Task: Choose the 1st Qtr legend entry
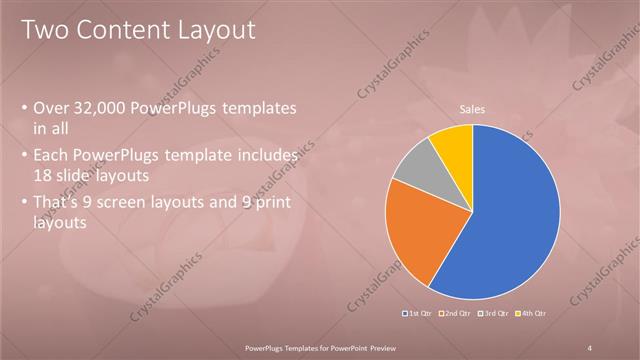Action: [x=418, y=314]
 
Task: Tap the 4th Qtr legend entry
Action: [x=532, y=314]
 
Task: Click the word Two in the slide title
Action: [x=46, y=31]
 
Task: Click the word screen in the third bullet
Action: [x=125, y=199]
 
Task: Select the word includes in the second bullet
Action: [x=264, y=156]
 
